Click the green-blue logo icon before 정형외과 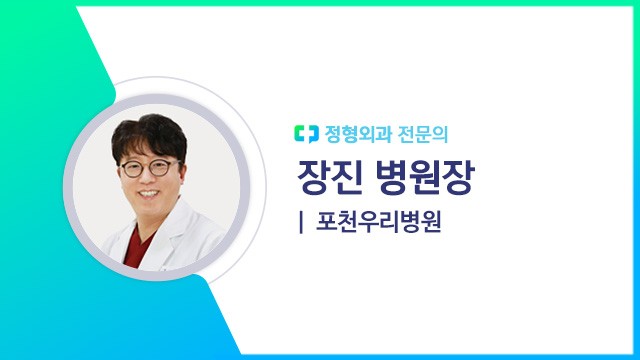(x=304, y=131)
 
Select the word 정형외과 (x=352, y=131)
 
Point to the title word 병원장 (x=424, y=177)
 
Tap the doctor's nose (x=150, y=177)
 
